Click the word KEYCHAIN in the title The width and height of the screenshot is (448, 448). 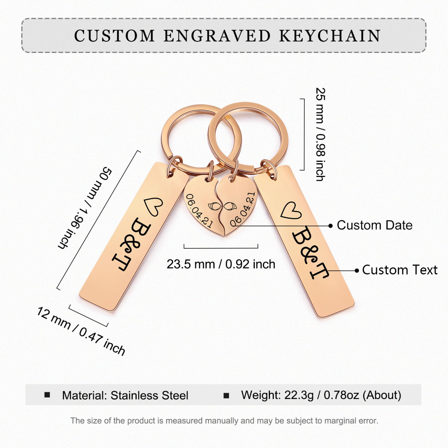tap(330, 36)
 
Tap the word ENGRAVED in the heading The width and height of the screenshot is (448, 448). tap(217, 36)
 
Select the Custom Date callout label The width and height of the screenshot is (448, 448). tap(375, 225)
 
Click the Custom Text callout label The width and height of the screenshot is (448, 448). tap(400, 270)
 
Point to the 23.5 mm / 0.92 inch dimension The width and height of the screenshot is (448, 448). tap(221, 264)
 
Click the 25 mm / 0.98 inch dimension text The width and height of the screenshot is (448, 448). tap(321, 134)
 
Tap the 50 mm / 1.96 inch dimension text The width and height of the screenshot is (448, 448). tap(85, 208)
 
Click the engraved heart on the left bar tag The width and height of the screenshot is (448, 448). tap(153, 207)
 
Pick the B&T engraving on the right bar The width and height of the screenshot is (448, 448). tap(310, 253)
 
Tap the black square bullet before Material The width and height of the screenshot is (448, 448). tap(47, 395)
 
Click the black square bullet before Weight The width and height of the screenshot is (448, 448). tap(226, 396)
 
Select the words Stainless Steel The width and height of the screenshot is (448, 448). tap(149, 396)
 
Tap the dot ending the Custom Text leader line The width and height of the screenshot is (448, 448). tap(357, 270)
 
